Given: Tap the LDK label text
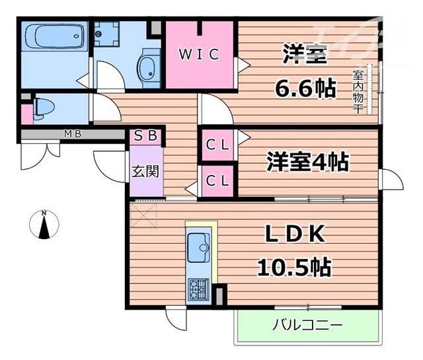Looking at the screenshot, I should [296, 235].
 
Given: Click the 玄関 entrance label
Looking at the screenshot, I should [145, 172].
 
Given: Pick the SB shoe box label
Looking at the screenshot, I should [146, 137].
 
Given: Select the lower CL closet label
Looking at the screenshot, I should [217, 179].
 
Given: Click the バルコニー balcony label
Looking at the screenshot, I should [307, 325].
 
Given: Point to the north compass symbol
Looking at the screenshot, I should [44, 225].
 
